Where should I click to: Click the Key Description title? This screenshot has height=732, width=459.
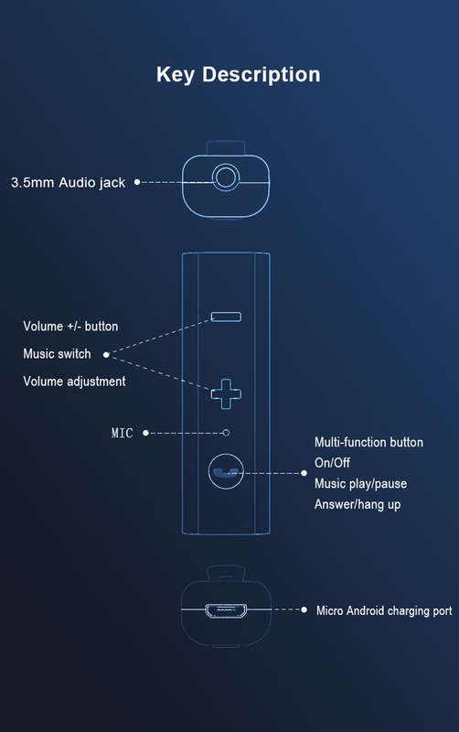(x=239, y=75)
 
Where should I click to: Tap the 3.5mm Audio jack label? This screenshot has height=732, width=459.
(x=68, y=182)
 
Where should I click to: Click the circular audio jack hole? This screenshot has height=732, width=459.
(x=226, y=178)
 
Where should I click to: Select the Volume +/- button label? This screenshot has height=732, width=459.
(x=70, y=327)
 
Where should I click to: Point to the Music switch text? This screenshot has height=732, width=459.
(x=57, y=354)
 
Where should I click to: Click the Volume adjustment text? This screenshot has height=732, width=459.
(x=74, y=382)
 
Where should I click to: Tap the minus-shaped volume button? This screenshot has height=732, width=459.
(x=226, y=317)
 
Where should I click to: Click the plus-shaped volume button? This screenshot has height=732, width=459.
(x=226, y=394)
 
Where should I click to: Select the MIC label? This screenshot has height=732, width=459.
(x=123, y=433)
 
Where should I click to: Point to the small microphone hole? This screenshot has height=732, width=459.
(x=226, y=433)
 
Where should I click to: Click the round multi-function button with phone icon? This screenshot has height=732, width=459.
(x=226, y=472)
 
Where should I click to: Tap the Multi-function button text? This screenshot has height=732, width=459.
(x=369, y=443)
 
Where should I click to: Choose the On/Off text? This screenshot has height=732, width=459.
(x=332, y=463)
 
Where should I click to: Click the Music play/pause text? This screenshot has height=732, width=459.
(x=360, y=484)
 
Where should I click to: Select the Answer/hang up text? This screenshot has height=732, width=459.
(x=358, y=505)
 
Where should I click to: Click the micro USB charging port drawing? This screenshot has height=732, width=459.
(x=226, y=610)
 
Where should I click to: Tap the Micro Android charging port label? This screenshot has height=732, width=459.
(x=384, y=610)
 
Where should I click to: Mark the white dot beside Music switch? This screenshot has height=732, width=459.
(x=106, y=355)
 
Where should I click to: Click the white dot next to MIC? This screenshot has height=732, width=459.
(x=145, y=433)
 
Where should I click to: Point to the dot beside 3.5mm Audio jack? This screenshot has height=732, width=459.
(x=137, y=182)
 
